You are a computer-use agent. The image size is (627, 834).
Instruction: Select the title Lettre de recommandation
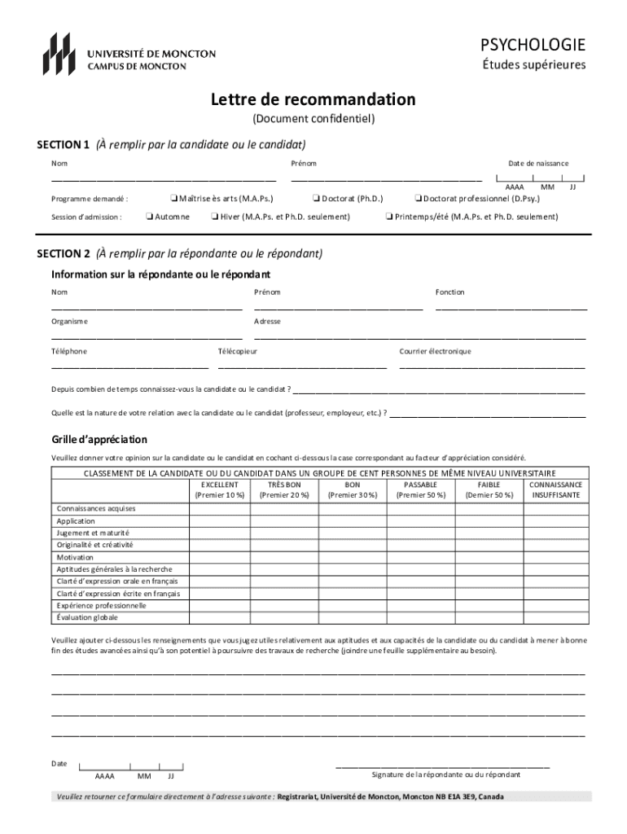pos(313,99)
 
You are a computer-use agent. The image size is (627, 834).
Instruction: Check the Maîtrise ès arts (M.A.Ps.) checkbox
pos(173,198)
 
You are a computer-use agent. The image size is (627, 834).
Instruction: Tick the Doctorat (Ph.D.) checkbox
pos(317,198)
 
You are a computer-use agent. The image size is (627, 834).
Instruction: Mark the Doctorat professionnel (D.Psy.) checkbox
pos(418,198)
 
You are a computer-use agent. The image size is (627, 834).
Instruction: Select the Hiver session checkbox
pos(214,217)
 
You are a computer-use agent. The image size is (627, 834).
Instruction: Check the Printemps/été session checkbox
pos(389,217)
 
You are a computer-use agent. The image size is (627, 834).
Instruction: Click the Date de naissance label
pos(538,164)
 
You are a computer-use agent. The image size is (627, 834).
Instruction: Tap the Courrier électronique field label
pos(435,352)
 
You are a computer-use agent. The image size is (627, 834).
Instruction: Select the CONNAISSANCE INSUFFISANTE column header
pos(555,489)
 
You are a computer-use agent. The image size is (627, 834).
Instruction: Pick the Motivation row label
pos(75,557)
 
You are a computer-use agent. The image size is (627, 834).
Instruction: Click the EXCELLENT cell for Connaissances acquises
pos(219,509)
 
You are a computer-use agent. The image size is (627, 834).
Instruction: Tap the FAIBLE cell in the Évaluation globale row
pos(489,618)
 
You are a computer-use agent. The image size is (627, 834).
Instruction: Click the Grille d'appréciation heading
pos(99,440)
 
